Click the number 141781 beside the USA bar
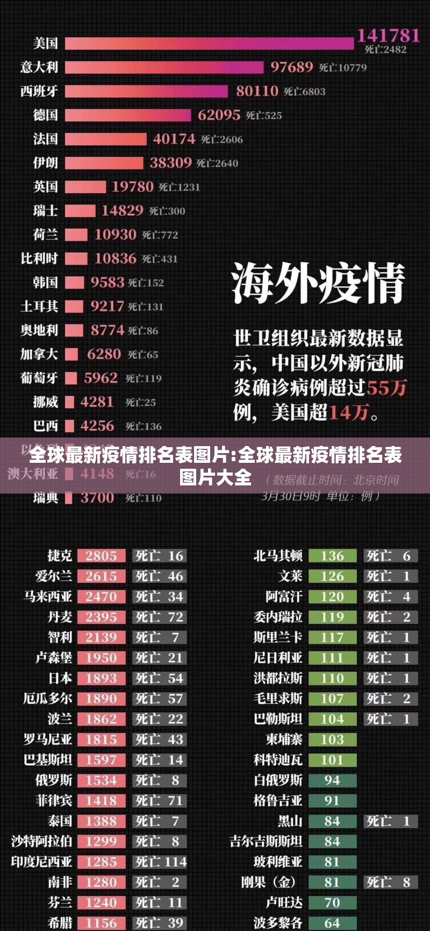388,36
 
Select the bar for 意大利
164,67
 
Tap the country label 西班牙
39,91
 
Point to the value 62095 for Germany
219,115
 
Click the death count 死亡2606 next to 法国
222,139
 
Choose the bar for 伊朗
104,163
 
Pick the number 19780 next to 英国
132,187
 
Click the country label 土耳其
39,306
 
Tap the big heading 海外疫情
318,284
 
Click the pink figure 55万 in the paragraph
386,387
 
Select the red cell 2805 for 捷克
101,556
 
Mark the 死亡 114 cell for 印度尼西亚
160,862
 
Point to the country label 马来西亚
47,597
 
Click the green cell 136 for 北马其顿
332,556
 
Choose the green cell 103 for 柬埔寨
332,739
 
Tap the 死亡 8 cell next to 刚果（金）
389,882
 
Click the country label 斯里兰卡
277,638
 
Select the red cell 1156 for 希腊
101,923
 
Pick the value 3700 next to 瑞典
97,498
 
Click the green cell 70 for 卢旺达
332,902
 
